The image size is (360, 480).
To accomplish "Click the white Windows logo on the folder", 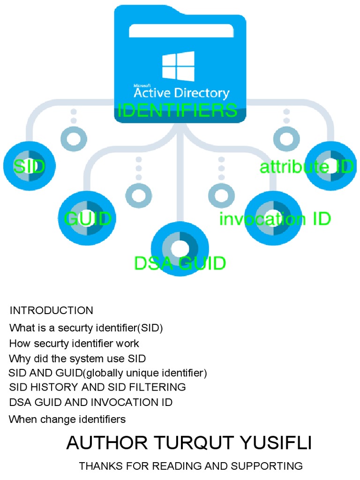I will click(x=178, y=66).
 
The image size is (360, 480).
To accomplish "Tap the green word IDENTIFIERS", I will click(x=177, y=111).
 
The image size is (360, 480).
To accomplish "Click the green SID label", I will click(x=29, y=166).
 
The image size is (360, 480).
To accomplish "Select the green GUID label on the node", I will click(x=88, y=219).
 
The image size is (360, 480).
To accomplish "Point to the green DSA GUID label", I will click(x=180, y=263).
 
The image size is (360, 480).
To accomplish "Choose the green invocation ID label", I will click(x=275, y=219).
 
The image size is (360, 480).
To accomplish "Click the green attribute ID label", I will click(x=307, y=167).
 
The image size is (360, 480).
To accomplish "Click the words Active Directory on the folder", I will click(x=181, y=93).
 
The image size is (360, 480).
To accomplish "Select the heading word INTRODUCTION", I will click(x=52, y=310).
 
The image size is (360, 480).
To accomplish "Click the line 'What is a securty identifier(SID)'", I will click(x=86, y=328).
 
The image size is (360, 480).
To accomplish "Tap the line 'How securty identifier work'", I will click(x=74, y=343).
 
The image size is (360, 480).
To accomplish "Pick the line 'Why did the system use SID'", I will click(x=77, y=359).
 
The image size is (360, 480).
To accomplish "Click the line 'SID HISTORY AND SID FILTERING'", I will click(x=97, y=387).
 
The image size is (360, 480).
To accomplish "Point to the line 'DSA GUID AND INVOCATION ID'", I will click(x=91, y=402).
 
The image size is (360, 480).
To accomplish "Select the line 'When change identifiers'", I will click(x=67, y=419).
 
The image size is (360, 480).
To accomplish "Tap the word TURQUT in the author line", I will click(x=187, y=443).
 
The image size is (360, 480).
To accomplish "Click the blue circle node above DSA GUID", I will click(x=180, y=248).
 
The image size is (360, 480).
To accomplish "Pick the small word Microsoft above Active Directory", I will click(x=142, y=86).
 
